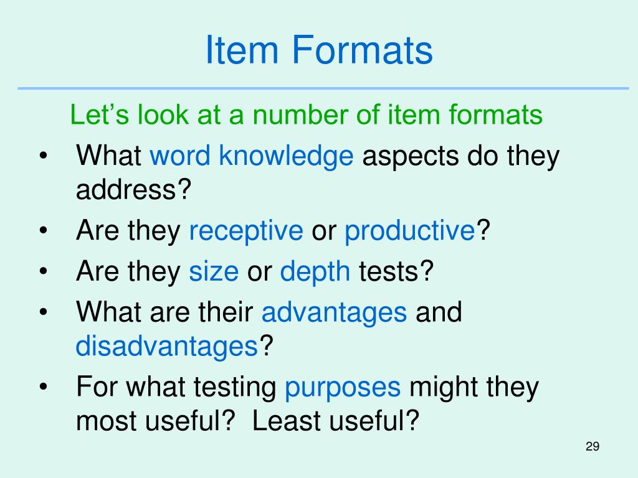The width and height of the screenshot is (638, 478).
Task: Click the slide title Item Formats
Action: (x=318, y=51)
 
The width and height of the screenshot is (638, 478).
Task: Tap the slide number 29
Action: (x=592, y=447)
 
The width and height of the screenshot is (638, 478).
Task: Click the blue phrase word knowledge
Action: (x=252, y=156)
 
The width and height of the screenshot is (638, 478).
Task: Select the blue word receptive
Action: (x=246, y=232)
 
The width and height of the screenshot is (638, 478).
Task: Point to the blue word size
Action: (x=214, y=272)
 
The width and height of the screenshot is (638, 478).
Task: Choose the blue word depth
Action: (x=315, y=272)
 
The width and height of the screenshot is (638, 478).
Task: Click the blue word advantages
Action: (x=334, y=311)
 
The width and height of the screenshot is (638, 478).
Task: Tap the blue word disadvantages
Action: (x=167, y=346)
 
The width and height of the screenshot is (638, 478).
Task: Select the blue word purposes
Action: (x=343, y=387)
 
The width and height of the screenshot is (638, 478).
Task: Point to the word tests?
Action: (x=395, y=272)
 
